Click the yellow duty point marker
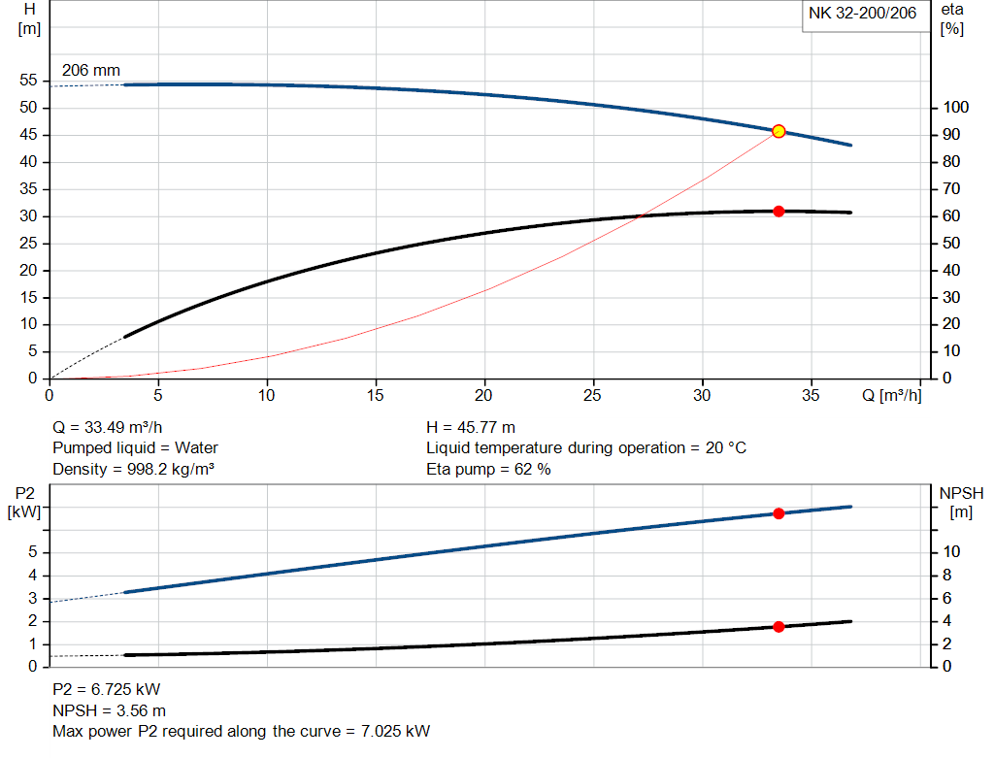(779, 131)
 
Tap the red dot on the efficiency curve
(779, 211)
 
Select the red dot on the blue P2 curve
(779, 513)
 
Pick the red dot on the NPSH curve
(779, 627)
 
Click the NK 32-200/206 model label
(862, 14)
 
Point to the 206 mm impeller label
(91, 70)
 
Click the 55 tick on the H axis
(28, 81)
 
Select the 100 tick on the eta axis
(956, 108)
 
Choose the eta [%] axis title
(951, 18)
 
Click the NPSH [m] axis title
(961, 503)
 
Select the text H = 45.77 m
(471, 427)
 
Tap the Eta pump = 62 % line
(488, 470)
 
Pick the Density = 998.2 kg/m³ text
(133, 470)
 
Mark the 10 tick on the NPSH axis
(950, 552)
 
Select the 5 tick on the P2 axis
(33, 552)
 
